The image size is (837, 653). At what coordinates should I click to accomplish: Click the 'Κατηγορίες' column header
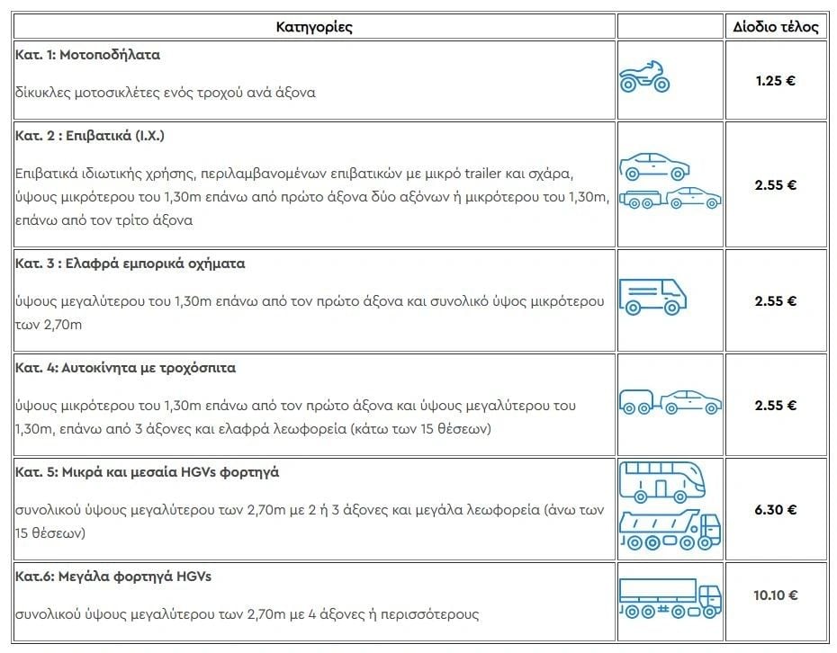coord(314,26)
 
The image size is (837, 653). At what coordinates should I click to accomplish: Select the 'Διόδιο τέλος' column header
coord(775,26)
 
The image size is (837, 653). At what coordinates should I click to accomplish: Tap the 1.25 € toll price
coord(775,80)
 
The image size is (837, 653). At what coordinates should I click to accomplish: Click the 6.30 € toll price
coord(775,509)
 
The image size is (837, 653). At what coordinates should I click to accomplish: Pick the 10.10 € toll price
coord(775,595)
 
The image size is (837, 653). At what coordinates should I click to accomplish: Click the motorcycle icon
coord(644,77)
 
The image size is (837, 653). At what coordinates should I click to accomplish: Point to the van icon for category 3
coord(652,295)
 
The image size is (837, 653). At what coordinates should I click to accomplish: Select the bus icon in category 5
coord(661,480)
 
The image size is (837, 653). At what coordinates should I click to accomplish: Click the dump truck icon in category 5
coord(670,529)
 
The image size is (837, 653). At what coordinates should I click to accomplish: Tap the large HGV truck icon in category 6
coord(670,597)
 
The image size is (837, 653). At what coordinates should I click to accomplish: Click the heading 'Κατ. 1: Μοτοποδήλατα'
coord(87,54)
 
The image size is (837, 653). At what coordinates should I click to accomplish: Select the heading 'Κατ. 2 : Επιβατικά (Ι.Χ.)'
coord(90,136)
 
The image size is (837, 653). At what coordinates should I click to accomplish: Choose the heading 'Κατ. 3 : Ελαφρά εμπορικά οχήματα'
coord(130,264)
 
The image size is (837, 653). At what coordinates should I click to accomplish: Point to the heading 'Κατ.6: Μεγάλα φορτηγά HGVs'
coord(113,577)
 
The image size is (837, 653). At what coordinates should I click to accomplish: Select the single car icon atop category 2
coord(654,166)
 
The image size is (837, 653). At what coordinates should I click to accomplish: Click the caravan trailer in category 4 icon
coord(638,402)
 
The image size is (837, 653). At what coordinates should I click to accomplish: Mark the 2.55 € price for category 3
coord(775,300)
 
